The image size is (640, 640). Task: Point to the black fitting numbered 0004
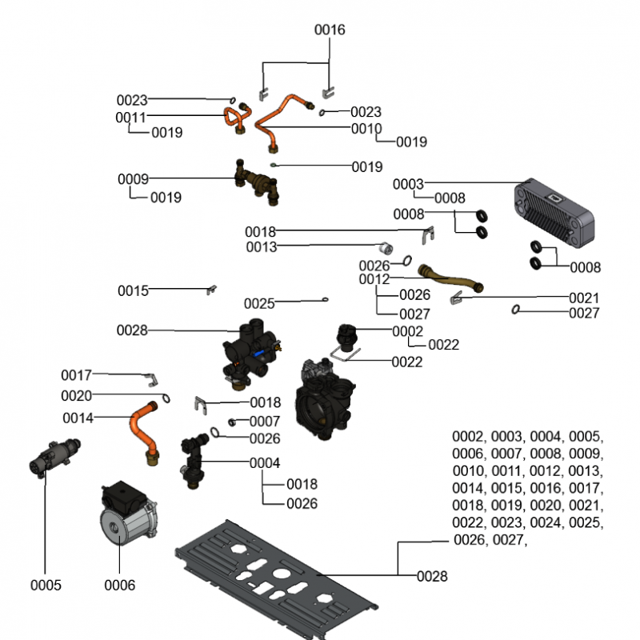pos(192,460)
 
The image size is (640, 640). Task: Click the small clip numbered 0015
pos(213,289)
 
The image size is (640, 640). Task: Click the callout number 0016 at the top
pos(330,30)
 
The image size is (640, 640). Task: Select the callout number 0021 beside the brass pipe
pos(583,298)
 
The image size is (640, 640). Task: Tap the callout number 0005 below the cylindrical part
pos(46,585)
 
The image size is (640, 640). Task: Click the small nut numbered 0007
pos(232,422)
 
